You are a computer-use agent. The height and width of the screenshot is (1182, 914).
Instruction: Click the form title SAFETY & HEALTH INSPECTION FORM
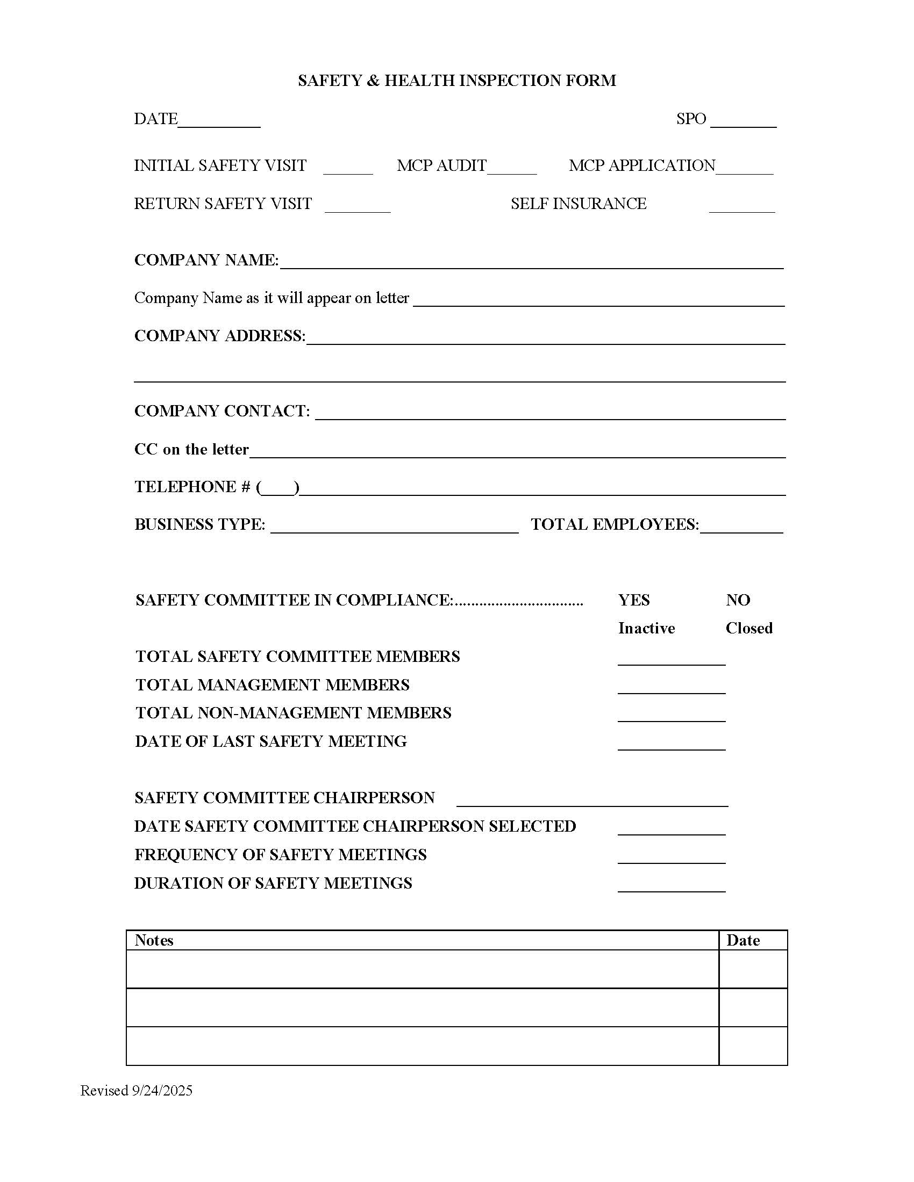point(456,81)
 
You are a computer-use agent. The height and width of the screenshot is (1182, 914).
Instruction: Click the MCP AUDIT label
point(441,165)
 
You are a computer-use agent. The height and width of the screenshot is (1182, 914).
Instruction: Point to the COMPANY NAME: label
point(206,261)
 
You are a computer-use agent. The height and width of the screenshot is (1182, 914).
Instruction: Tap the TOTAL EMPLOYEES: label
point(615,524)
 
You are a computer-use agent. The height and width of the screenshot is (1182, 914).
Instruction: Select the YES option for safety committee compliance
point(633,600)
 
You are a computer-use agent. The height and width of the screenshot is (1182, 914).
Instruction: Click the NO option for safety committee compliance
point(738,600)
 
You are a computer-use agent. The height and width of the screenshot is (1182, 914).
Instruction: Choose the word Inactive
point(646,629)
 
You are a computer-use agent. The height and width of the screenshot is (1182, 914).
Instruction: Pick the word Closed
point(748,629)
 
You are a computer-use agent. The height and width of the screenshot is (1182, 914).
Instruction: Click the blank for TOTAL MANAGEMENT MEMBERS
point(671,688)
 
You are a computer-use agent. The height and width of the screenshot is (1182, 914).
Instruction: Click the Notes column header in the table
point(154,941)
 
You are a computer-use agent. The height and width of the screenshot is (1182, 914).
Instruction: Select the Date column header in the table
point(742,941)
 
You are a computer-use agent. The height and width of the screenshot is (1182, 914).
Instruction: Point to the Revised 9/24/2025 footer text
point(137,1091)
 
